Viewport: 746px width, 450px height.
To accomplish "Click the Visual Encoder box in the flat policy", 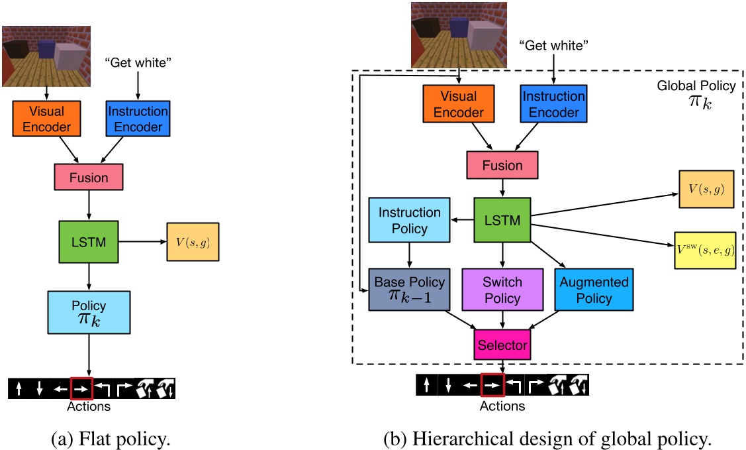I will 47,118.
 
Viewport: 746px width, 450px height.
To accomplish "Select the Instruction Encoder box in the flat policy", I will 138,118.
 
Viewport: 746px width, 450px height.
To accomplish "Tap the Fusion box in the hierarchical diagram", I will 502,166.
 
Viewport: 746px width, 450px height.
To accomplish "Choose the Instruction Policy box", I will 409,220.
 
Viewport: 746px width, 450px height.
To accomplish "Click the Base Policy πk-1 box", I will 409,290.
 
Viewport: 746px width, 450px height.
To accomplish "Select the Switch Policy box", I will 502,290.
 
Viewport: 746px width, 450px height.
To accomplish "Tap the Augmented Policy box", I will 594,290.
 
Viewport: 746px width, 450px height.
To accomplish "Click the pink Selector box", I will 502,345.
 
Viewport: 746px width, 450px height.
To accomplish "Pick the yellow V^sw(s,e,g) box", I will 705,250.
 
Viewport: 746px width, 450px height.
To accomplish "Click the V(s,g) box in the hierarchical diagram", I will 706,190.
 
